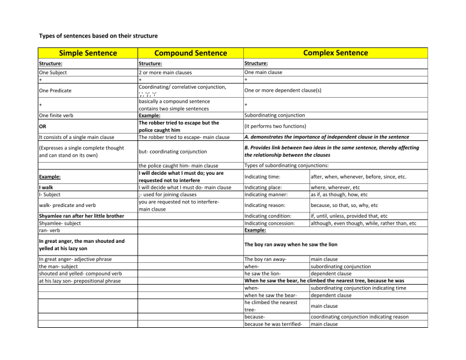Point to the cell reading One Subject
53,72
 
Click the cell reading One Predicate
56,90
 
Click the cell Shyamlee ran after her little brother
81,216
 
